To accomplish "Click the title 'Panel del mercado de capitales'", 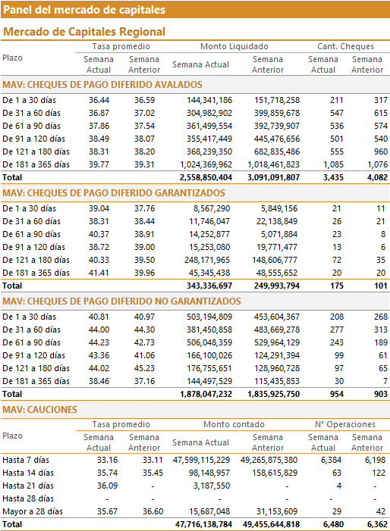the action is (x=84, y=10).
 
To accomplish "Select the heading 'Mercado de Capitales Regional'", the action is (x=84, y=32).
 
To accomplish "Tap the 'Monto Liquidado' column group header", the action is (x=234, y=46).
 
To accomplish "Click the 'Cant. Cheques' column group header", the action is (x=345, y=46).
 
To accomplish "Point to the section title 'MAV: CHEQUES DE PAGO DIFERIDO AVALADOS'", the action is (x=102, y=85).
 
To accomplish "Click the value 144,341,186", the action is (x=209, y=100).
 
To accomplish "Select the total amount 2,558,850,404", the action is (x=206, y=177).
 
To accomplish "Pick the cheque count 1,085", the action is (x=333, y=164).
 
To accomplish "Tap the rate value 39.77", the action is (x=99, y=164).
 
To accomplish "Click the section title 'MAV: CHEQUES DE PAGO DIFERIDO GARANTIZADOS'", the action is (x=114, y=193).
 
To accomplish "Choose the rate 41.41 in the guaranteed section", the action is (x=99, y=273).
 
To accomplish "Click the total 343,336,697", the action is (x=209, y=286).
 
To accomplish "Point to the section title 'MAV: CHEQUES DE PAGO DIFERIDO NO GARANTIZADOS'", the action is (x=121, y=301).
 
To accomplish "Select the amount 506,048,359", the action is (x=209, y=342).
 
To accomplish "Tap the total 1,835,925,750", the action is (x=274, y=394).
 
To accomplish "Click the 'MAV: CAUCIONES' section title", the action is (x=39, y=410).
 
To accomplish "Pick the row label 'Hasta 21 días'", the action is (x=28, y=486).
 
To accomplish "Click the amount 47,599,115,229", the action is (x=201, y=461).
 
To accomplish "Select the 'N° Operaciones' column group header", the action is (x=345, y=424).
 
